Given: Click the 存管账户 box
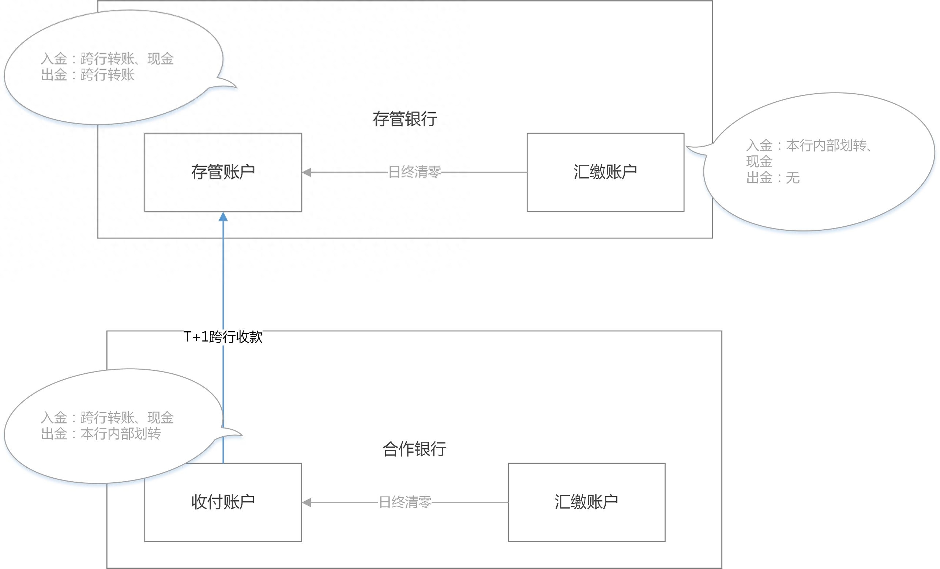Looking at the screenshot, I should coord(223,172).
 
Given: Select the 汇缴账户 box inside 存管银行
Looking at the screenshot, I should coord(605,172).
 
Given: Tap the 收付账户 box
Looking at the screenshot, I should coord(223,502).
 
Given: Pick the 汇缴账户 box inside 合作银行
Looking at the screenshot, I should coord(586,502).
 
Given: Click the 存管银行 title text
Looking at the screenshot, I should coord(405,119).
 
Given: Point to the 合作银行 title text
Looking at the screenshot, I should coord(414,449).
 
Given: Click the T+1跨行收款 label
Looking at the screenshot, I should coord(223,337).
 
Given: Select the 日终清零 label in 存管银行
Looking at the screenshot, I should coord(414,172).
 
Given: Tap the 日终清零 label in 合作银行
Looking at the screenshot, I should coord(405,502).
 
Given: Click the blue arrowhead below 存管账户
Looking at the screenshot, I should coord(223,217).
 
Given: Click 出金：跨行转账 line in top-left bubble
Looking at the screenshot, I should coord(87,75).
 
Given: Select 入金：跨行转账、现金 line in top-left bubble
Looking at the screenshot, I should coord(107,59).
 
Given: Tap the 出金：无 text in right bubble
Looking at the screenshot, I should coord(772,178).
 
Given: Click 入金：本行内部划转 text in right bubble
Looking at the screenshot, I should coord(809,145).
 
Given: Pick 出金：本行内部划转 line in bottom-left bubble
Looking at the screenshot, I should coord(101,434).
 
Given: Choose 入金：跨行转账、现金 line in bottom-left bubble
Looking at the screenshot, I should coord(107,418).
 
